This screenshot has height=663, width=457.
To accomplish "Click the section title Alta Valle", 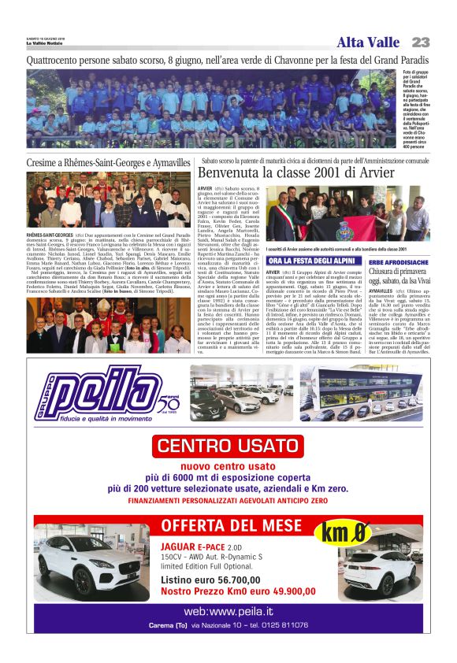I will pyautogui.click(x=368, y=43).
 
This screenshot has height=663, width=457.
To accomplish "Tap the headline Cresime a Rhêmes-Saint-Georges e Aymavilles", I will pyautogui.click(x=108, y=161).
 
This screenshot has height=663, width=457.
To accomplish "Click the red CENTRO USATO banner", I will pyautogui.click(x=228, y=446).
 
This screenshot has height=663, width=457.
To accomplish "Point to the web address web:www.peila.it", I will pyautogui.click(x=228, y=611).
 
